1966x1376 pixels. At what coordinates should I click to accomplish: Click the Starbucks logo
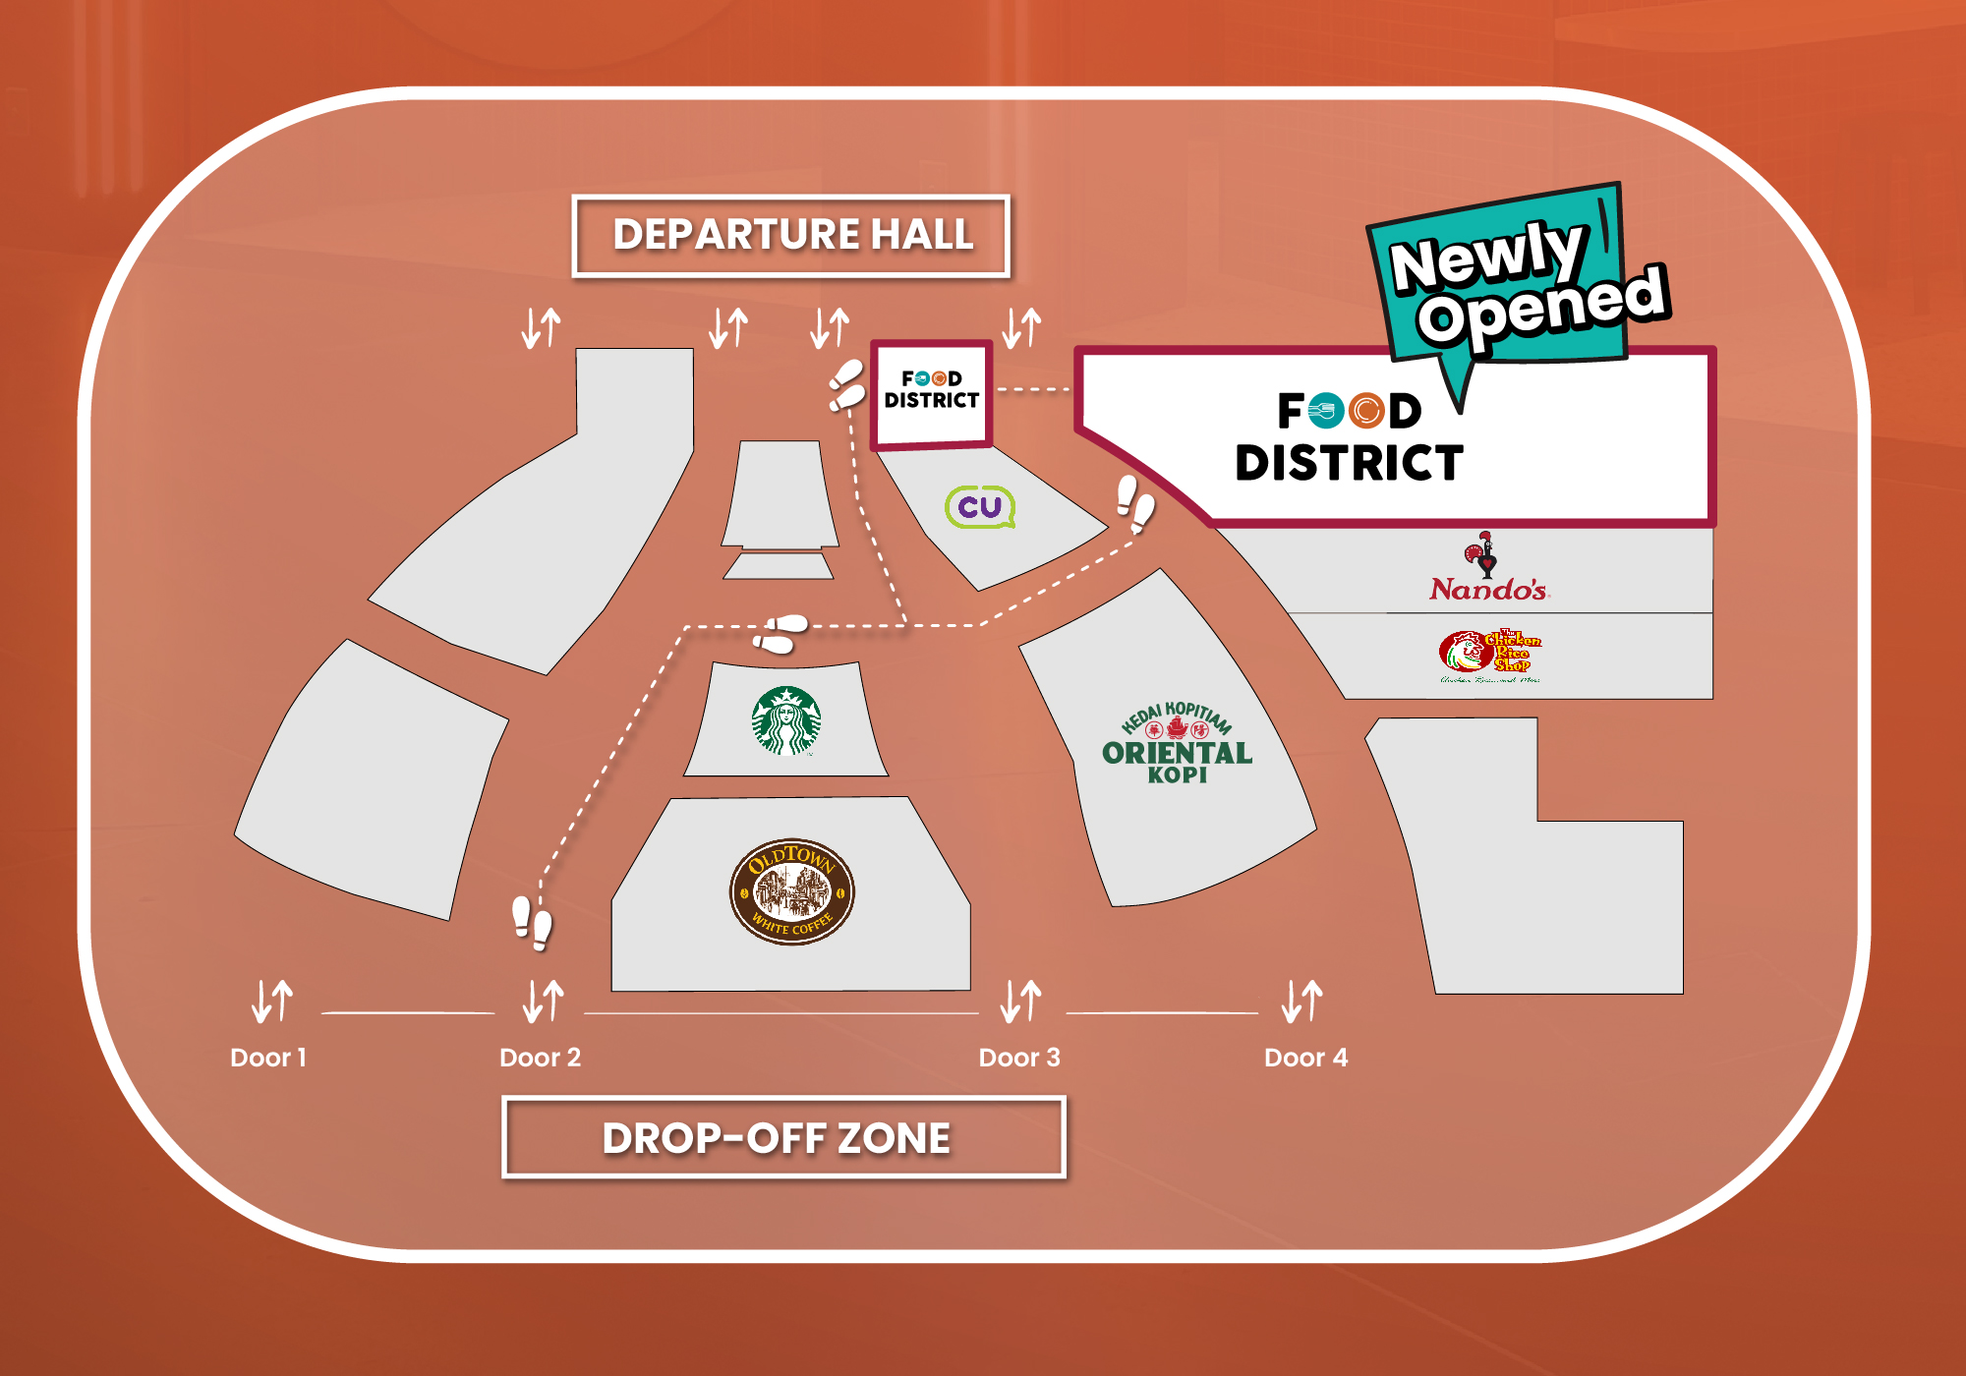[786, 720]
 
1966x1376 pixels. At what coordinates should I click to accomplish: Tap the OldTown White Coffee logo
[791, 891]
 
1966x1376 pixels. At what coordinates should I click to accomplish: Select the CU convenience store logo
[979, 507]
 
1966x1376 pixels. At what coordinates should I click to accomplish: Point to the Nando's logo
[1487, 569]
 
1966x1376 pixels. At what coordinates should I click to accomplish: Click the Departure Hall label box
[791, 236]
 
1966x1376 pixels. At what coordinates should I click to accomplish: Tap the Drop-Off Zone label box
[783, 1137]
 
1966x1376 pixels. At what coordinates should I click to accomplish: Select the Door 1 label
[267, 1058]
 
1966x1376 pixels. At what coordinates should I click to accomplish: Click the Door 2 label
[540, 1058]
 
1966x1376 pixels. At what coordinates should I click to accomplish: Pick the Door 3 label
[1019, 1058]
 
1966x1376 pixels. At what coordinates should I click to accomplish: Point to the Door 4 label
[1305, 1058]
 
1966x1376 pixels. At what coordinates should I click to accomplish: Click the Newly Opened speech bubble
[1519, 280]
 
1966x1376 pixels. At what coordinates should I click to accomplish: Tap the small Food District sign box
[932, 392]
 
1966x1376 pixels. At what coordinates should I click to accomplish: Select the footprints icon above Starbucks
[781, 634]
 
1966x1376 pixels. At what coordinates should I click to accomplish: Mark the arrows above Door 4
[1302, 1001]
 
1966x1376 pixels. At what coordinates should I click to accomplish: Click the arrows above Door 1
[272, 1001]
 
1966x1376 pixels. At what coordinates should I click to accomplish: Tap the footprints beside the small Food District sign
[846, 385]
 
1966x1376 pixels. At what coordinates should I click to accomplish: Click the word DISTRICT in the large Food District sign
[1349, 463]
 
